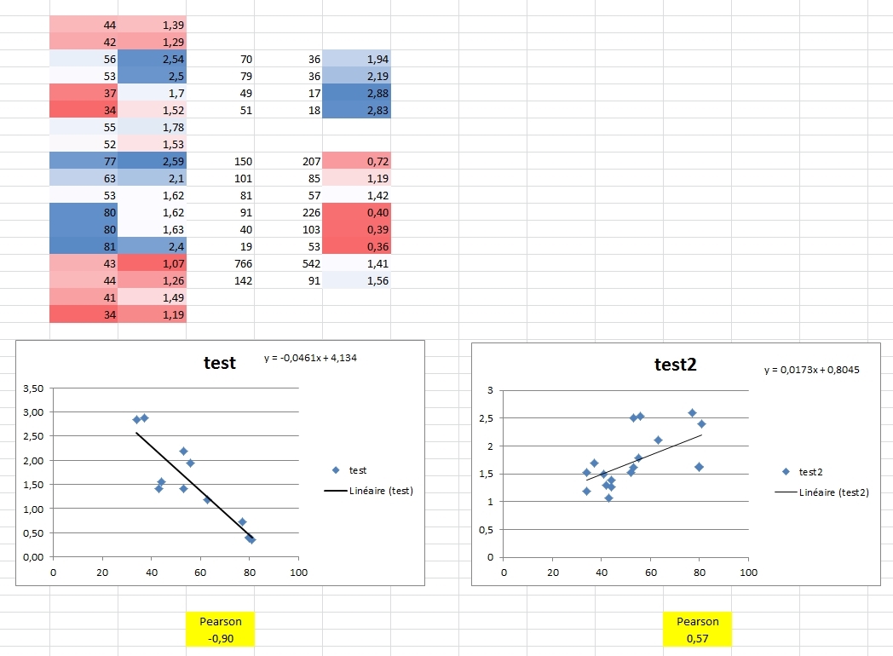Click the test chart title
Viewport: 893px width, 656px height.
click(220, 362)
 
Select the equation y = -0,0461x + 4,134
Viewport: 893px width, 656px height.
click(310, 358)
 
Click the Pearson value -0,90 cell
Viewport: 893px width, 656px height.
click(220, 637)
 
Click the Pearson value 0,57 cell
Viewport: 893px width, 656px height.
click(697, 637)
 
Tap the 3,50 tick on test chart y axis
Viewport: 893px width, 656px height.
click(32, 388)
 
